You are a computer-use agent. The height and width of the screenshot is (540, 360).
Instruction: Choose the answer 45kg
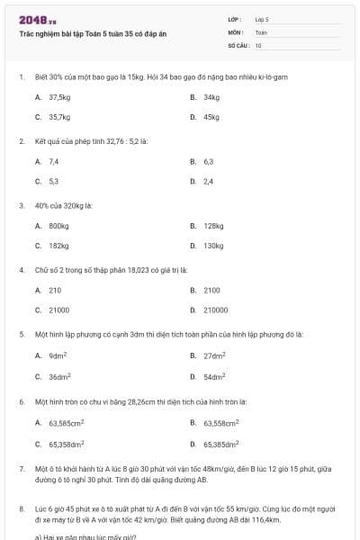coord(211,117)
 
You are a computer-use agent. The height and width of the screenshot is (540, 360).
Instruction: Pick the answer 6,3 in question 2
coord(209,161)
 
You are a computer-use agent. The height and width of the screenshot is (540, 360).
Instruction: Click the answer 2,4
coord(209,181)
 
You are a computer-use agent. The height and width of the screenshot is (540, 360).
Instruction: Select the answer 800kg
coord(59,226)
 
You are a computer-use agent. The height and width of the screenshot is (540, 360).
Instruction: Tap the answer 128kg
coord(213,226)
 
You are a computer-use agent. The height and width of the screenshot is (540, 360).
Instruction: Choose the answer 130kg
coord(213,246)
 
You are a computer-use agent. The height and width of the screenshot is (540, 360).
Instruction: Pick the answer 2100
coord(211,291)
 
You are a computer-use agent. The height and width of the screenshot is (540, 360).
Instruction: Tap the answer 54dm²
coord(214,375)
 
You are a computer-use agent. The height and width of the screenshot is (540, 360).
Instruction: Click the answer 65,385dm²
coord(221,444)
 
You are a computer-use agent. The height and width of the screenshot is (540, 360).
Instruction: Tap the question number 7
coord(21,469)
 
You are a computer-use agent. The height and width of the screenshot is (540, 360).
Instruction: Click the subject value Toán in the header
coord(261,31)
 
